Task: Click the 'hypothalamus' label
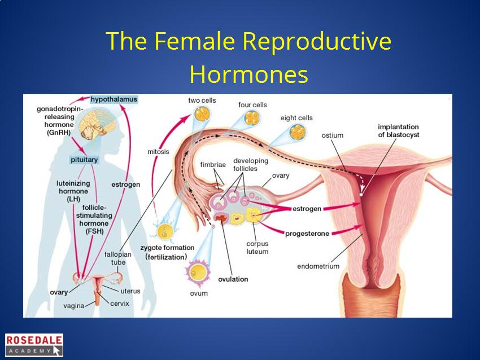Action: tap(114, 99)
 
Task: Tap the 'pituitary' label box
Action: tap(84, 160)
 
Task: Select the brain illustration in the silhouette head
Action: tap(97, 125)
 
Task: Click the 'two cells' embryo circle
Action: tap(202, 113)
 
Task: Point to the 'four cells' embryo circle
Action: tap(252, 118)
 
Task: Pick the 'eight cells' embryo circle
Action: tap(298, 132)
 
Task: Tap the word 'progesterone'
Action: tap(307, 234)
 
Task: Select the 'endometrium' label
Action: tap(318, 266)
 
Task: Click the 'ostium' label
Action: tap(333, 135)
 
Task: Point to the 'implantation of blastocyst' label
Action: tap(398, 131)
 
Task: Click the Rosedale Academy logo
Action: tap(34, 345)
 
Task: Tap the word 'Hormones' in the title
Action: tap(248, 74)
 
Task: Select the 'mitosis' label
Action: tap(158, 152)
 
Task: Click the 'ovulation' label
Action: tap(233, 279)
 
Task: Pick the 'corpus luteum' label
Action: tap(257, 248)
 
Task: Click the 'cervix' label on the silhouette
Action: tap(119, 304)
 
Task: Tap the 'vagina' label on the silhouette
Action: tap(74, 306)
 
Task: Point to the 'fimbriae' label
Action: tap(213, 165)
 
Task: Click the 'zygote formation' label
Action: tap(167, 248)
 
